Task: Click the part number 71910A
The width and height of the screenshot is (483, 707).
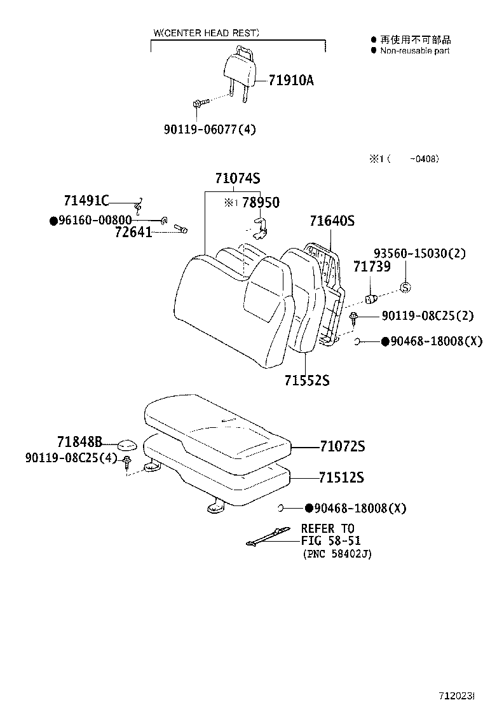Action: [x=291, y=81]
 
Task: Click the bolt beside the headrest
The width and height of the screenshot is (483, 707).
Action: [x=199, y=103]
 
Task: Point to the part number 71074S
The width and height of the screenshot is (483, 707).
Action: [x=232, y=179]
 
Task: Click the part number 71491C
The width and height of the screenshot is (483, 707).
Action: [x=86, y=201]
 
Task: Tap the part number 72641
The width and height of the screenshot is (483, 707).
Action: [x=133, y=232]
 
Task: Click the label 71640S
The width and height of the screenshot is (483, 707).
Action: [x=332, y=221]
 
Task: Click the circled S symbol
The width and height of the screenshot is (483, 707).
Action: [x=405, y=288]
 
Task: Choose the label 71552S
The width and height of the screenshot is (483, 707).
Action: [x=306, y=380]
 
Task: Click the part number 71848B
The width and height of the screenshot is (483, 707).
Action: [x=79, y=441]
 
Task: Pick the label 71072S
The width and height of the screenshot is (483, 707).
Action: [x=342, y=446]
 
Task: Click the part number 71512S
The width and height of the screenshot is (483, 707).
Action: [x=342, y=477]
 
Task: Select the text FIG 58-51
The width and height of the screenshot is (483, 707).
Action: [x=327, y=541]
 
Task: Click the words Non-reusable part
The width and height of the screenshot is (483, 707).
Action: [x=414, y=50]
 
